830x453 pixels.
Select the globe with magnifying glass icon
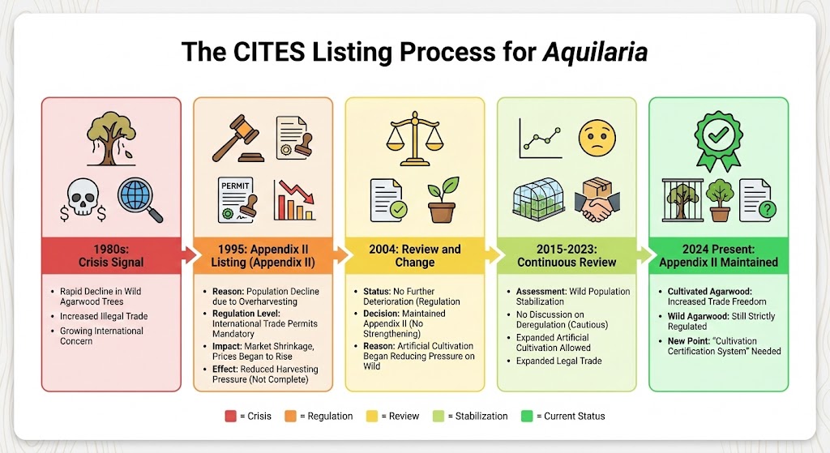(139, 199)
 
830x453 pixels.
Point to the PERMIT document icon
(237, 199)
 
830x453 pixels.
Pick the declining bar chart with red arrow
(294, 199)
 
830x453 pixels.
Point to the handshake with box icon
(600, 200)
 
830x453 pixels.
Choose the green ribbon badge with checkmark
(717, 139)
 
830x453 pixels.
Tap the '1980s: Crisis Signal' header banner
(111, 255)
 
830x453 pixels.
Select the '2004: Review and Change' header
(414, 255)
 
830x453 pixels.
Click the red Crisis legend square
(230, 416)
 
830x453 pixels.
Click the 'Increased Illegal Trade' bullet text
(104, 316)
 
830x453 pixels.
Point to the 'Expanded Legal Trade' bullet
(558, 361)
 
